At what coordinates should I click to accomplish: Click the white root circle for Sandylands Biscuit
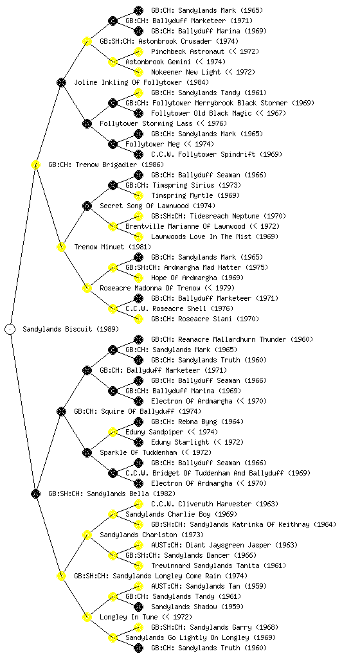pos(10,329)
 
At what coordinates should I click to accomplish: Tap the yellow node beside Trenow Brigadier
pos(35,164)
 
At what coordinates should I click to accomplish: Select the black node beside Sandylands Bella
pos(35,493)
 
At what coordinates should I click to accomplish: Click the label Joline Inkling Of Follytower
pos(141,82)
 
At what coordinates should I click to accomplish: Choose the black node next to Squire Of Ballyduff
pos(61,411)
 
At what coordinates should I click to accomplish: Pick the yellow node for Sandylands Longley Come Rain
pos(61,576)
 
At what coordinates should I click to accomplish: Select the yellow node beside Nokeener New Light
pos(138,72)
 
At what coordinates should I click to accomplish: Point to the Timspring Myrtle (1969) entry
pos(195,195)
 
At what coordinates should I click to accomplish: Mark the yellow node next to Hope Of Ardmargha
pos(138,278)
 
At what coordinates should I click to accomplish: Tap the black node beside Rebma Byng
pos(138,422)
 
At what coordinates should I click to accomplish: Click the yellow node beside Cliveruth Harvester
pos(138,504)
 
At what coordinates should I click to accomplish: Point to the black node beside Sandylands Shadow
pos(138,607)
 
